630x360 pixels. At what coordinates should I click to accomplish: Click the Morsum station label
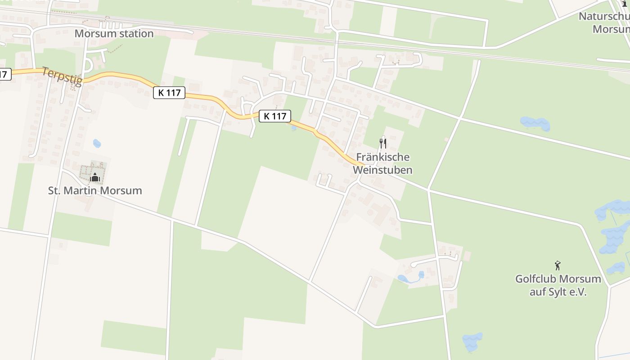click(114, 34)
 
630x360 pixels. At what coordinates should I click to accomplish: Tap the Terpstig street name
click(62, 76)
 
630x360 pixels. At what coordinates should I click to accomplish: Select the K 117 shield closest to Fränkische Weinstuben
click(274, 116)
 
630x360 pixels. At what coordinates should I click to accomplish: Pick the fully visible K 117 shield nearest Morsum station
click(169, 93)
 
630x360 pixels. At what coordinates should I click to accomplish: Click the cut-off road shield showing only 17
click(4, 74)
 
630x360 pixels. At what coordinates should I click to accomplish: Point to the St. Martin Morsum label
click(95, 191)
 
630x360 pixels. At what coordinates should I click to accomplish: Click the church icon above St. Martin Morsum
click(94, 177)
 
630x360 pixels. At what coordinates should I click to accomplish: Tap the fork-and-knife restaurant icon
click(382, 144)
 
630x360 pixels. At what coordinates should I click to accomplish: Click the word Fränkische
click(382, 157)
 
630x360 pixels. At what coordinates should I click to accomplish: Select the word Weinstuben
click(382, 170)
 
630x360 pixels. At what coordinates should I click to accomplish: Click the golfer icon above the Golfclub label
click(558, 265)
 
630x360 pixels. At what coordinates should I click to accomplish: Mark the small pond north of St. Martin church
click(97, 144)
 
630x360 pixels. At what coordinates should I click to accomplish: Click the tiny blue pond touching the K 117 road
click(294, 128)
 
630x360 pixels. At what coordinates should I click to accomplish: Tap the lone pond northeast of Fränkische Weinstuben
click(535, 123)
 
